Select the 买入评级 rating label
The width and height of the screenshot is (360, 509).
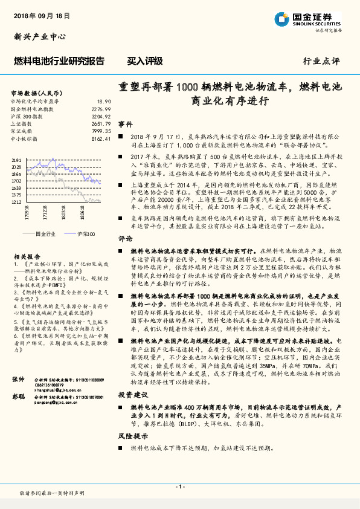[144, 61]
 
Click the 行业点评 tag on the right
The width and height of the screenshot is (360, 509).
[321, 62]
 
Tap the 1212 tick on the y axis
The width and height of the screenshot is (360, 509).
[16, 203]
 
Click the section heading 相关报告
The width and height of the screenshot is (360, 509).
[25, 256]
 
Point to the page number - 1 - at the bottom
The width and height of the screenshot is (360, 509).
[179, 487]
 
